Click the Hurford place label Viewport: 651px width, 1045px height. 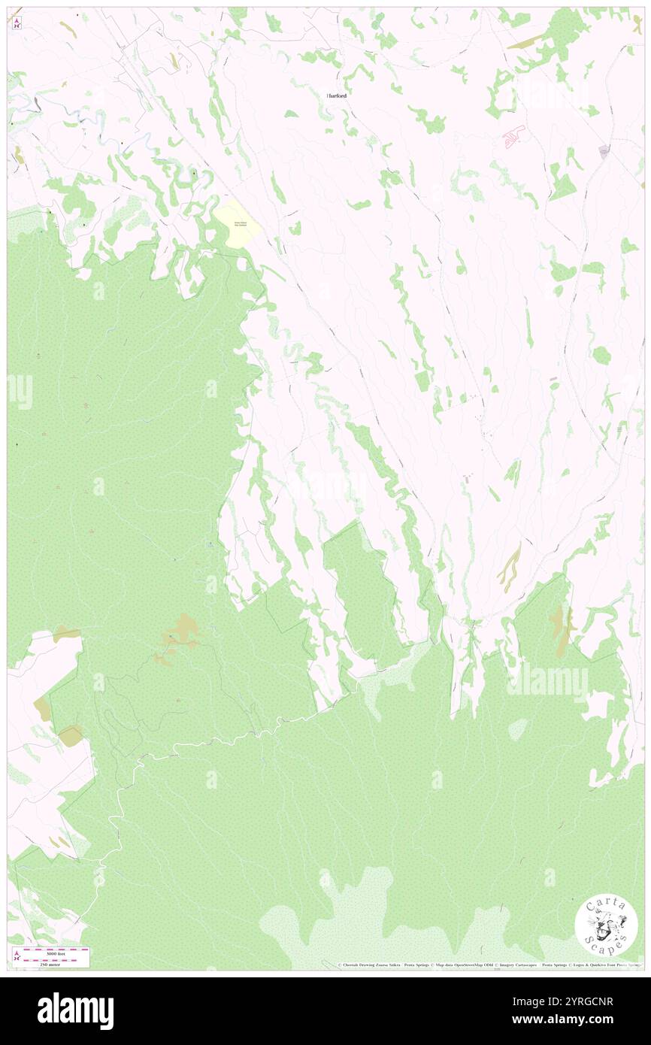pyautogui.click(x=337, y=96)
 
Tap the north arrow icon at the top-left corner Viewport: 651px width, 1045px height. pyautogui.click(x=17, y=23)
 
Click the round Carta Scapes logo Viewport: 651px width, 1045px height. pyautogui.click(x=606, y=925)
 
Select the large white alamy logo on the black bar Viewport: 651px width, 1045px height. pyautogui.click(x=75, y=1011)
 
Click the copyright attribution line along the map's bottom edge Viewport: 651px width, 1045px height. pyautogui.click(x=489, y=965)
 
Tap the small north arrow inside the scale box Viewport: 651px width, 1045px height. pyautogui.click(x=17, y=958)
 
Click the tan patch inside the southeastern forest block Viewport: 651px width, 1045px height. pyautogui.click(x=559, y=621)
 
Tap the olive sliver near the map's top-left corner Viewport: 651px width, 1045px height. pyautogui.click(x=68, y=30)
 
